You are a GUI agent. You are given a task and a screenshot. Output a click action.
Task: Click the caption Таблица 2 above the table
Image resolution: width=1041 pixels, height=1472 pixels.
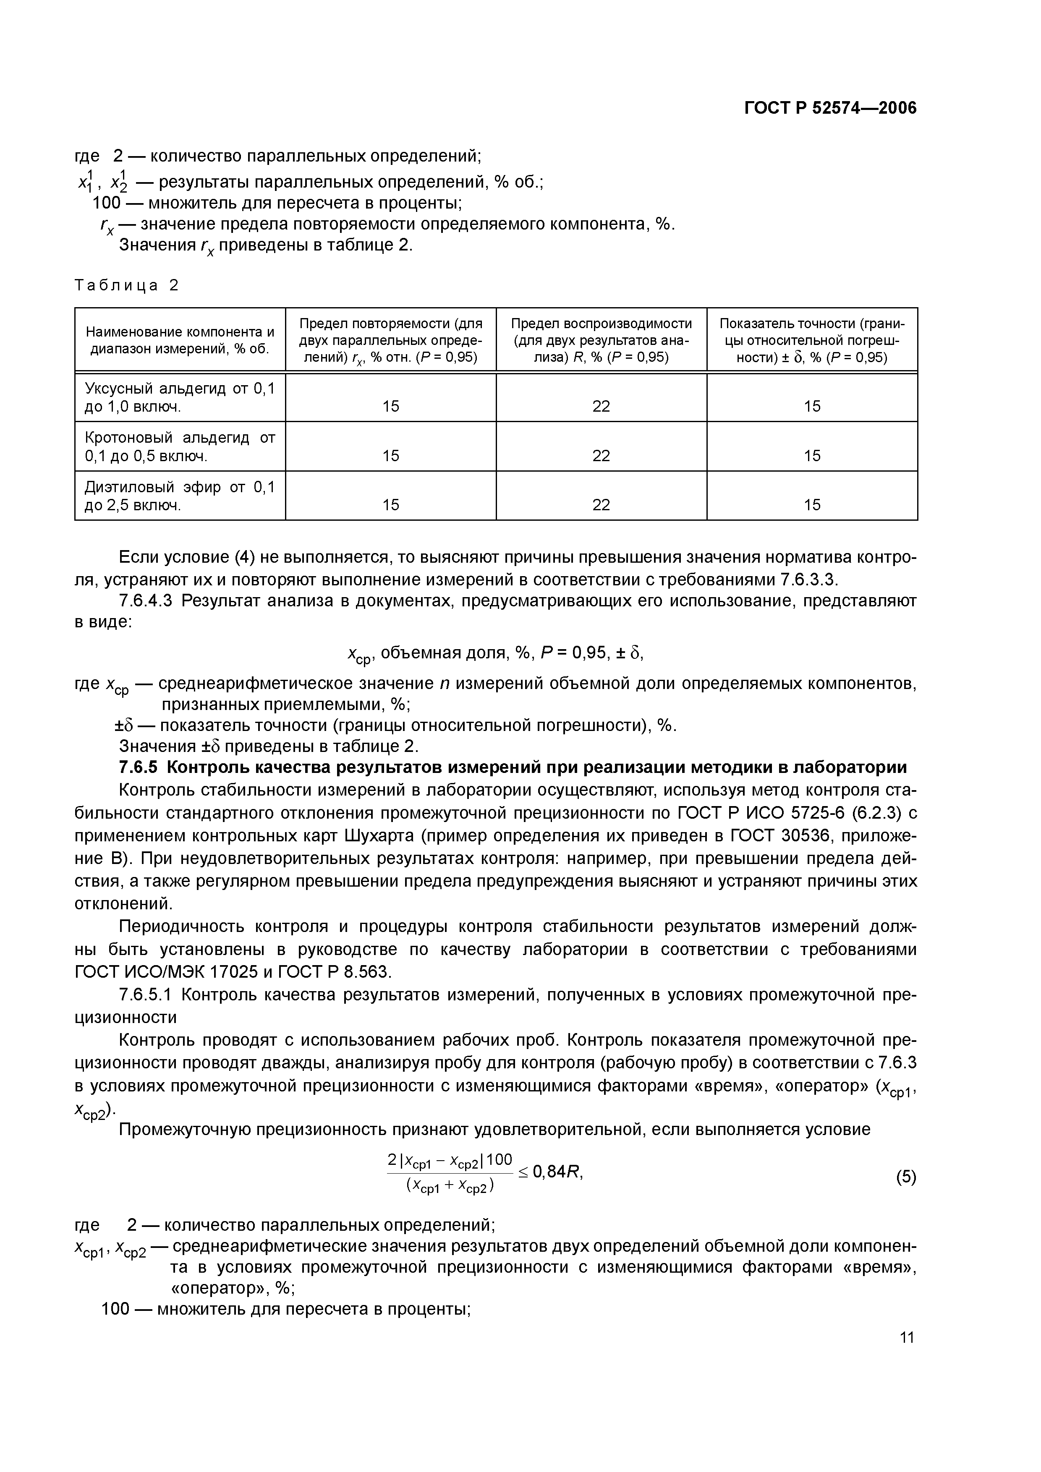pyautogui.click(x=126, y=285)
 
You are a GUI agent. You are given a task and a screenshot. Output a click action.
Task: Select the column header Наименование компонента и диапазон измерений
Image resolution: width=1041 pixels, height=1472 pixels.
pyautogui.click(x=180, y=340)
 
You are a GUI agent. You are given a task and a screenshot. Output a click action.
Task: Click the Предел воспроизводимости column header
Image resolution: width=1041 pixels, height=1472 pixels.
pyautogui.click(x=601, y=340)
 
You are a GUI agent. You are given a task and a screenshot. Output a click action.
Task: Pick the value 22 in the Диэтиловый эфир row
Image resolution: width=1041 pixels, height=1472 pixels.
pyautogui.click(x=601, y=505)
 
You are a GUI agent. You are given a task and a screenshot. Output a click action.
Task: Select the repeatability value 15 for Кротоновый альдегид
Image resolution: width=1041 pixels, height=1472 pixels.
pyautogui.click(x=391, y=456)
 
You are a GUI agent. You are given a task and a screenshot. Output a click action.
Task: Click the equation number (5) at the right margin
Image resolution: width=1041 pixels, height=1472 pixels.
pyautogui.click(x=906, y=1177)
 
